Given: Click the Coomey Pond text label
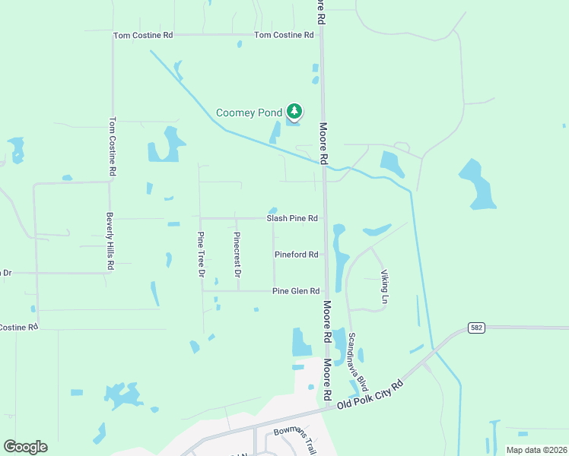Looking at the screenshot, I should click(x=249, y=112).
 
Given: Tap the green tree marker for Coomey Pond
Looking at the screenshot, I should click(x=294, y=112).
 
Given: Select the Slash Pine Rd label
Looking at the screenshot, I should click(x=291, y=218).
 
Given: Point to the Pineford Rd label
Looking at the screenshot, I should click(x=296, y=255).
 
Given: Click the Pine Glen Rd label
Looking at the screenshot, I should click(x=295, y=291).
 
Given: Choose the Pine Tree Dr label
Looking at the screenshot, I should click(x=202, y=255).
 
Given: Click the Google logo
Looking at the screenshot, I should click(x=25, y=447).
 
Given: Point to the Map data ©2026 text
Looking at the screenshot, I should click(x=536, y=450).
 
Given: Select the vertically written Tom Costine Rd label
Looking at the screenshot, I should click(x=112, y=147).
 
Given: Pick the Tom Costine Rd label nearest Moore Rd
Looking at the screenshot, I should click(x=284, y=35).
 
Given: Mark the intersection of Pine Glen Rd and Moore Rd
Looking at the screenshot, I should click(x=326, y=291).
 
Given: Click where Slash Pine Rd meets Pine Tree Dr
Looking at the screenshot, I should click(x=201, y=218).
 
